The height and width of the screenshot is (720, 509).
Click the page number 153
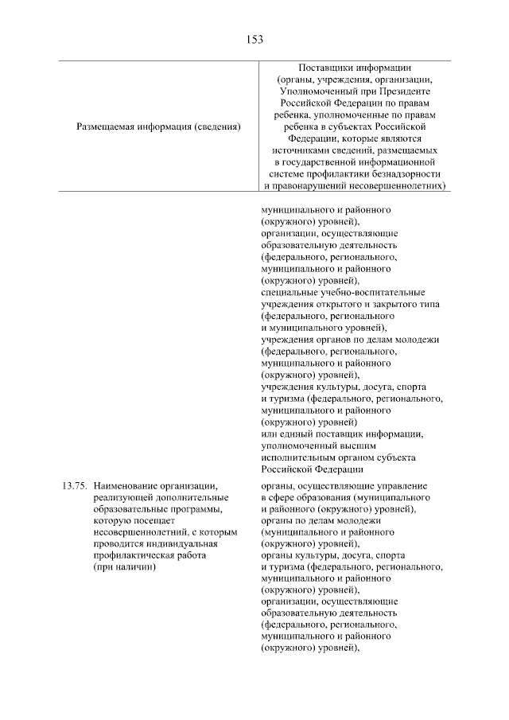(254, 38)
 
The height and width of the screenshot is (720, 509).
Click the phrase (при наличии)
(124, 566)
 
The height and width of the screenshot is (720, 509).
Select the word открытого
(339, 305)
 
